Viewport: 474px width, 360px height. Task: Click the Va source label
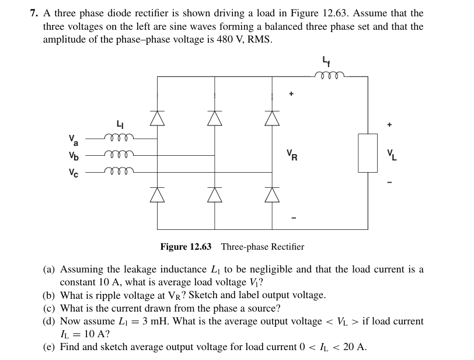point(74,140)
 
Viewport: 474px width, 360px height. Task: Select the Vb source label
point(73,156)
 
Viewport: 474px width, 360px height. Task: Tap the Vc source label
point(73,172)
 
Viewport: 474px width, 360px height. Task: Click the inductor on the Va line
point(119,138)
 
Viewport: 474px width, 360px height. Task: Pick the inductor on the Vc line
point(119,171)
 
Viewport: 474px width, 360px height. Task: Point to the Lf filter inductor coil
point(329,74)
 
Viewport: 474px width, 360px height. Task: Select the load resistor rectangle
point(368,153)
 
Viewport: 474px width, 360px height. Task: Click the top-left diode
point(157,118)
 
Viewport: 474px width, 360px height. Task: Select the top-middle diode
point(214,118)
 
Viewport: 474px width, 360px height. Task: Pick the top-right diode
point(271,118)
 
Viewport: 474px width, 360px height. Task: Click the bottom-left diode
point(157,195)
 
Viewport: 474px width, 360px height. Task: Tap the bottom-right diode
point(271,195)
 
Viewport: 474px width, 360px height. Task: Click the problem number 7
point(34,13)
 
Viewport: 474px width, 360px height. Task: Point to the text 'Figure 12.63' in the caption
point(186,247)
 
